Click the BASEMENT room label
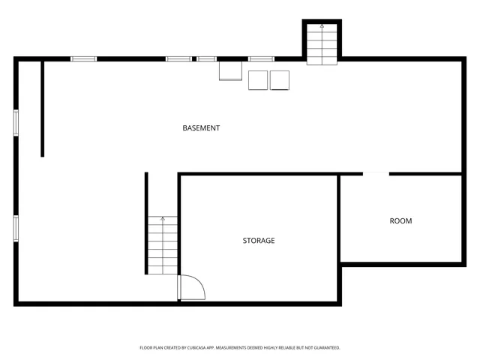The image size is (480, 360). pos(201,128)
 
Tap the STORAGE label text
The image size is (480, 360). pos(258,241)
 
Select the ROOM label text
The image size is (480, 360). pos(400,220)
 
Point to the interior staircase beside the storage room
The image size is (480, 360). pos(162,244)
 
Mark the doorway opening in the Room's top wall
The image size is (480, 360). pos(376,174)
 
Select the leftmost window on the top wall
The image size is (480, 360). pos(83,58)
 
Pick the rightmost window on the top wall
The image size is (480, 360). pos(261,58)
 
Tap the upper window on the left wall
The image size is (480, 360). pos(16,122)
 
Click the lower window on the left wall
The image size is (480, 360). pos(16,228)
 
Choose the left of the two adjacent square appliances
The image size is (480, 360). pos(257,80)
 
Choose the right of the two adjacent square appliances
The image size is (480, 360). pos(280,80)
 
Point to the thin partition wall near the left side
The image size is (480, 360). pos(43,109)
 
